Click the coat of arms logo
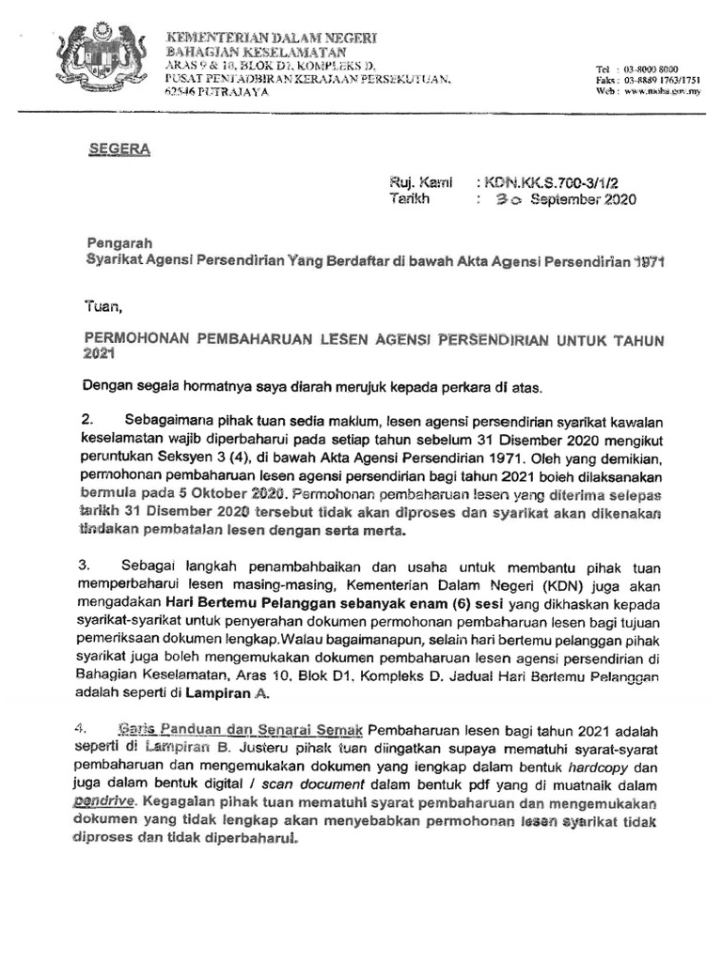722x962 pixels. [x=96, y=58]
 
